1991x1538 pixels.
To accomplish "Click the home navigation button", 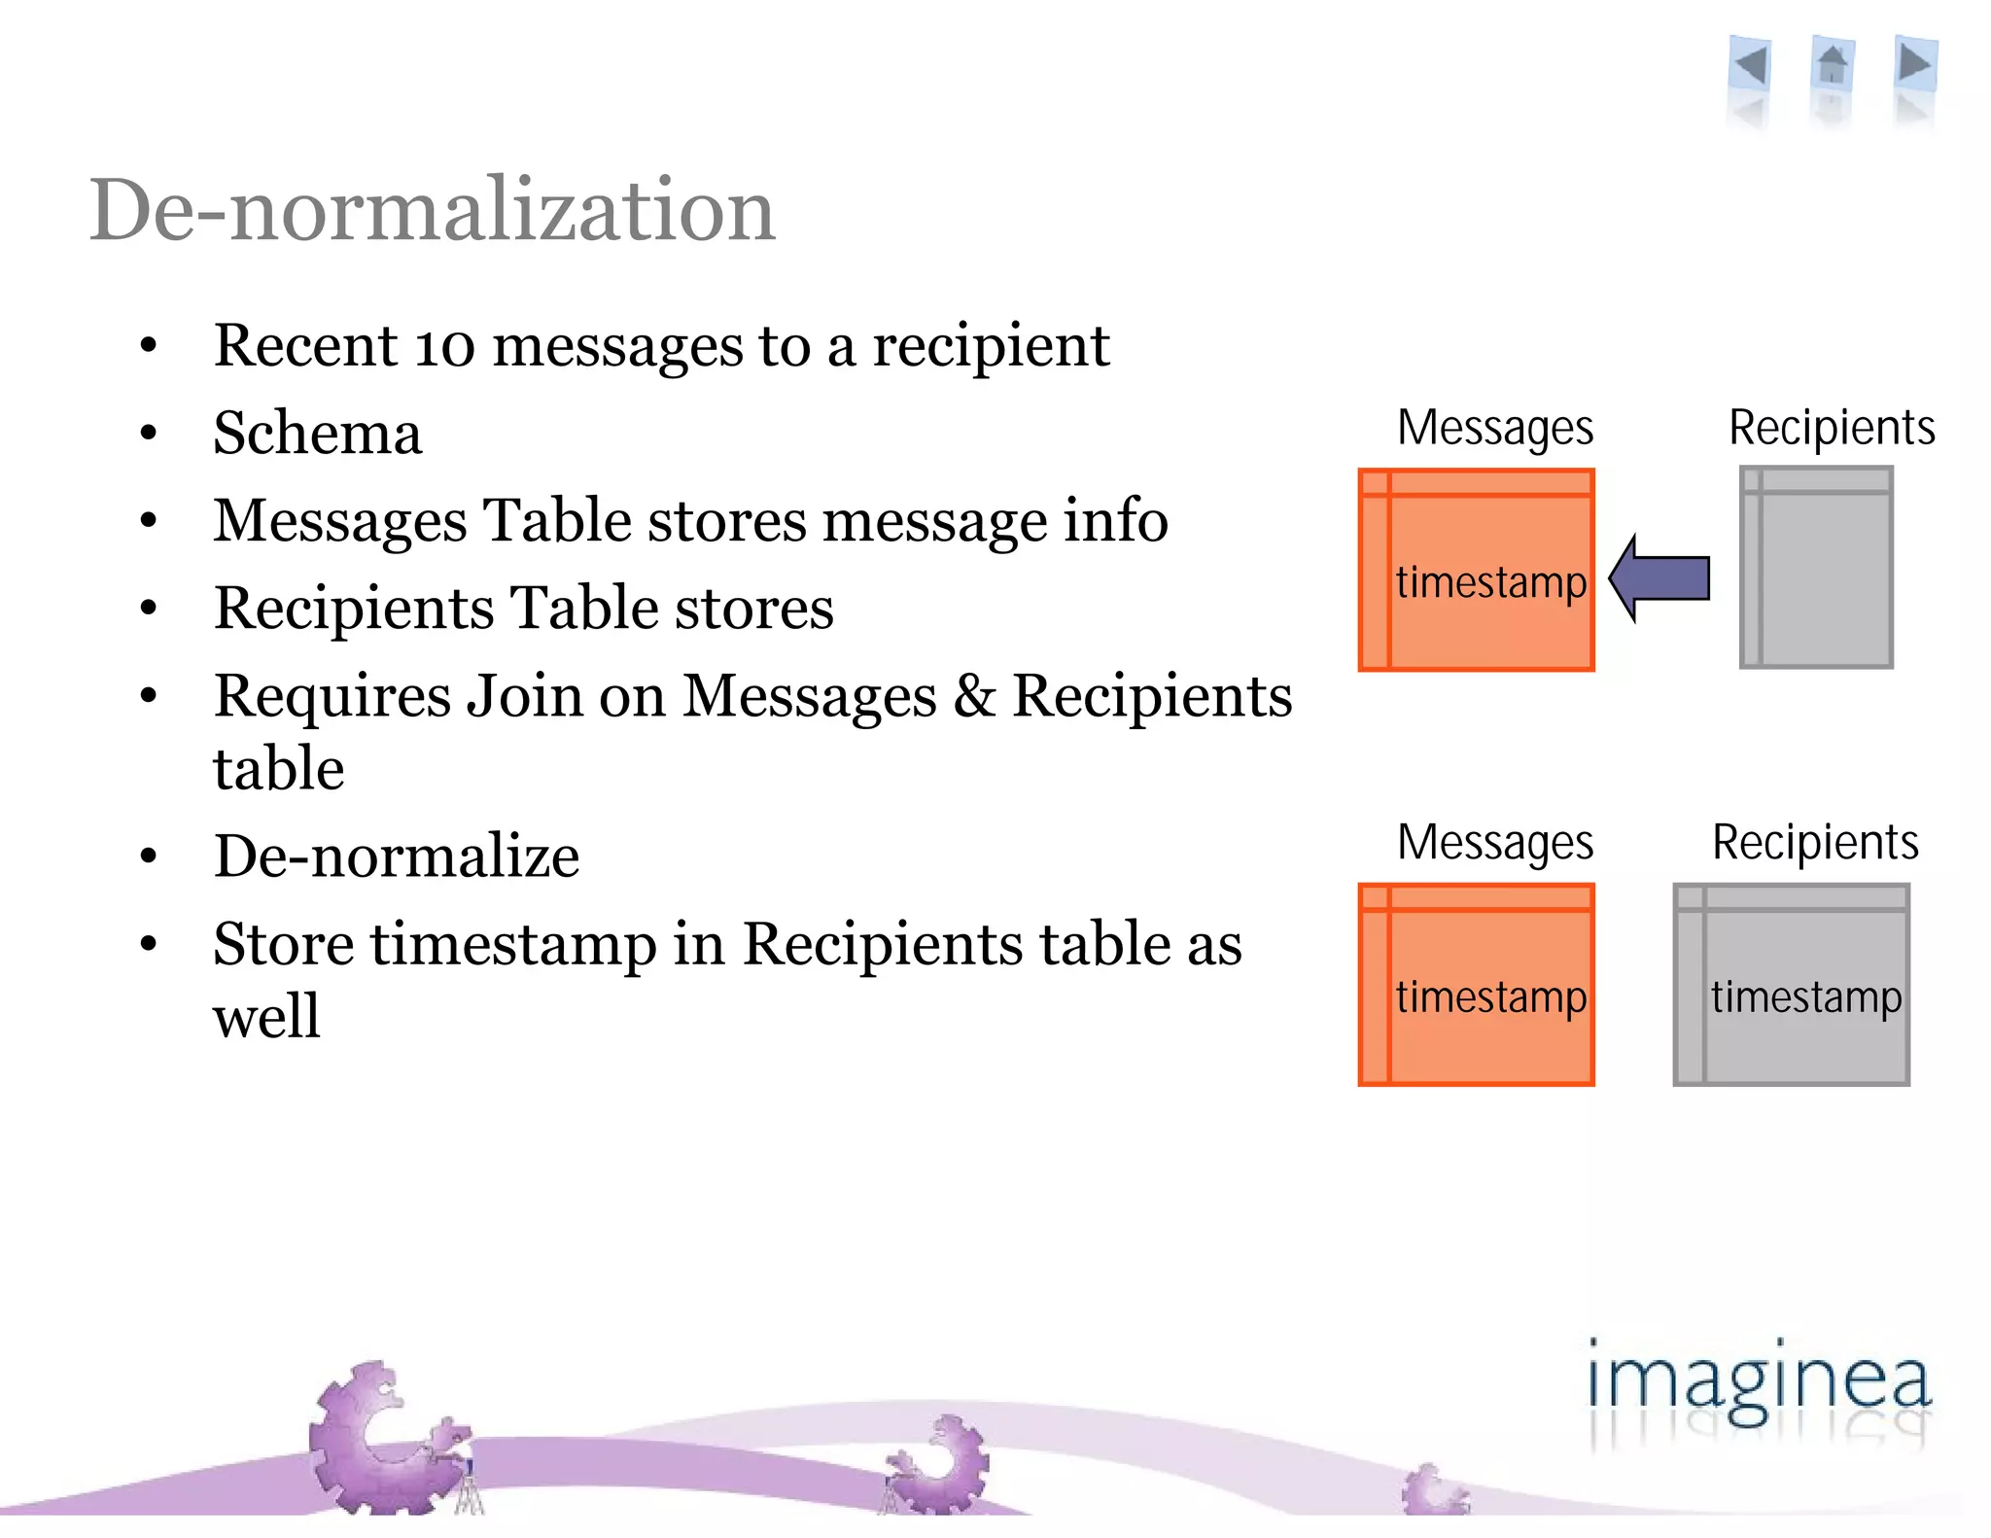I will pos(1833,66).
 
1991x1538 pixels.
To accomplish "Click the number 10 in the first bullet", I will pos(444,346).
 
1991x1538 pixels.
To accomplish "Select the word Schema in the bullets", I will pos(318,434).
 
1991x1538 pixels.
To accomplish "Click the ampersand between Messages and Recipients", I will pos(974,697).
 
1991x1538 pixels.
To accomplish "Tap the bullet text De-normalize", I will pos(397,856).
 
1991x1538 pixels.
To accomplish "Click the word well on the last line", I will pos(266,1017).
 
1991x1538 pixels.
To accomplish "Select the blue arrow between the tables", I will pos(1660,578).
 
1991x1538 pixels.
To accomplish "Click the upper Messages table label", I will pos(1495,428).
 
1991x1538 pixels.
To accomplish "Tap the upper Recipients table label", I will pos(1832,428).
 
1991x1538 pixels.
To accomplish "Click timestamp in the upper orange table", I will pos(1491,582).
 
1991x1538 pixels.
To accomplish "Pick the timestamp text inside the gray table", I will pos(1806,997).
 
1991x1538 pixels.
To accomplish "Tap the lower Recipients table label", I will pos(1815,842).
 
